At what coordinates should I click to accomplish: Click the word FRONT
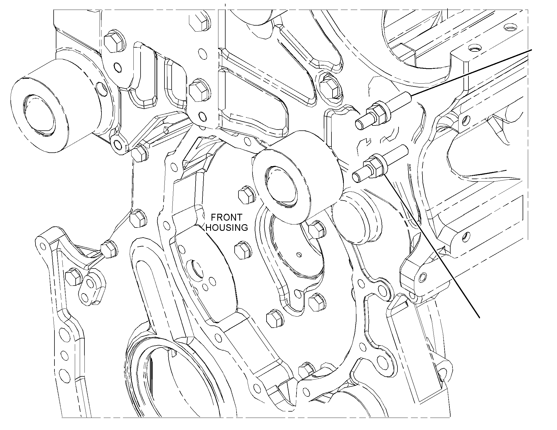pyautogui.click(x=226, y=218)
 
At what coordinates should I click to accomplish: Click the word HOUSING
pyautogui.click(x=227, y=228)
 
